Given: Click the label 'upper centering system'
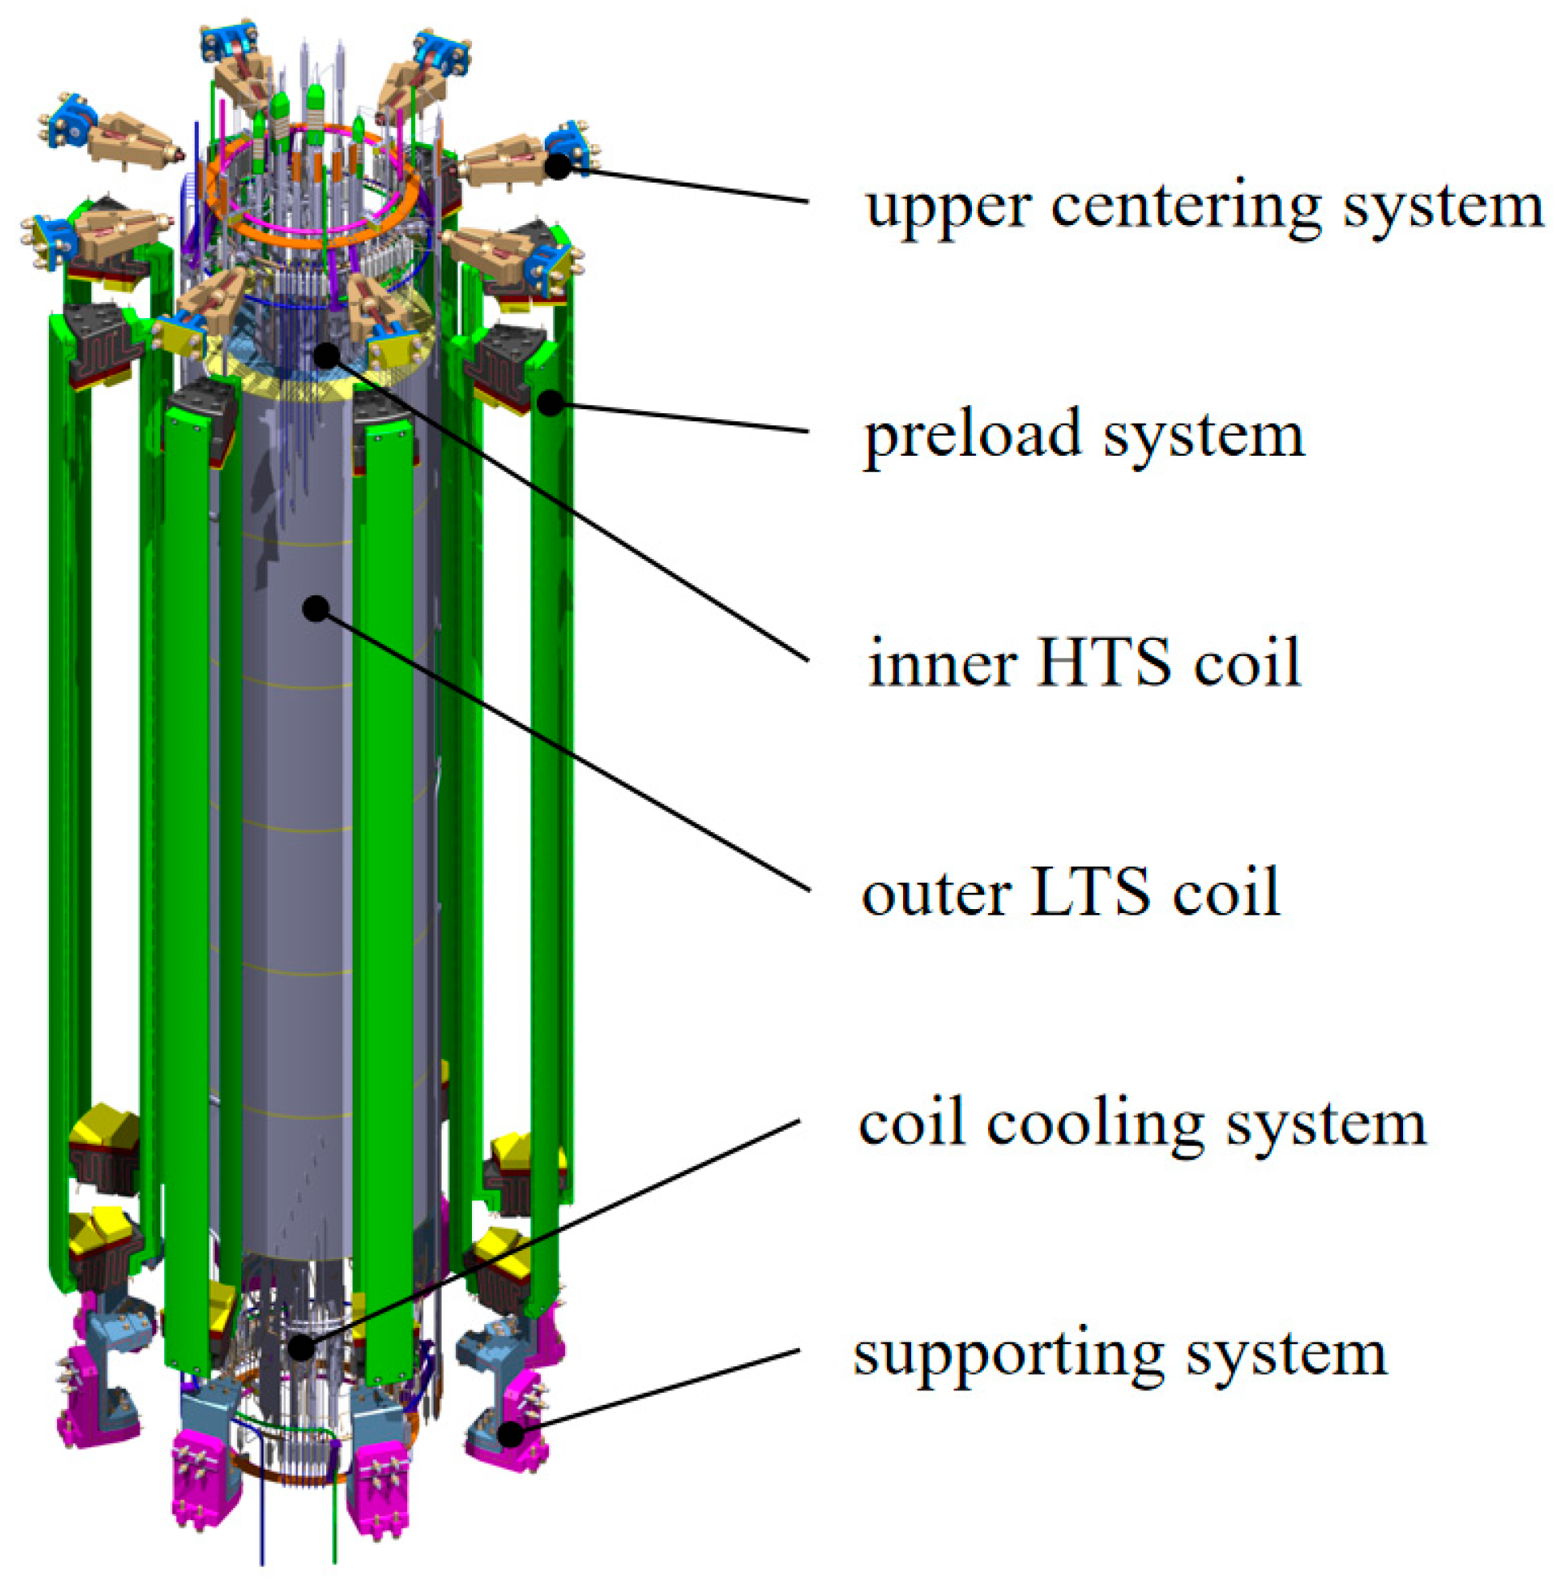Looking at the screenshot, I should [x=1204, y=207].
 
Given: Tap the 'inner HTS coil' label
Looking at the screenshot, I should [x=1084, y=663].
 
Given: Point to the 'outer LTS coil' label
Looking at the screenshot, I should [x=1070, y=892].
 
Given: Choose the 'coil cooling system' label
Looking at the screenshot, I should [x=1142, y=1124].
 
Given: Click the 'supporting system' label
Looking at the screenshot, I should [x=1119, y=1354].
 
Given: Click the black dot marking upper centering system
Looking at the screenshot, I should [x=558, y=167].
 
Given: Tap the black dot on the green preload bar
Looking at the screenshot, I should [x=551, y=402].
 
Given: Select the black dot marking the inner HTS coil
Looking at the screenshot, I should [x=327, y=356].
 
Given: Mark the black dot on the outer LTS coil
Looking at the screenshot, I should [x=316, y=608].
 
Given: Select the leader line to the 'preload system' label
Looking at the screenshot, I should [x=681, y=417].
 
